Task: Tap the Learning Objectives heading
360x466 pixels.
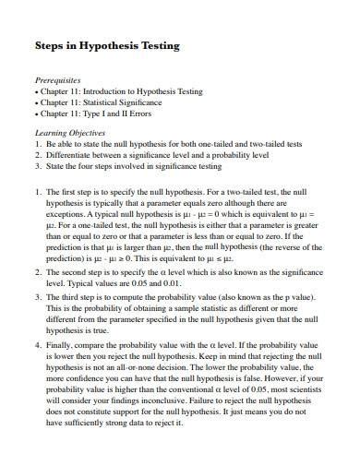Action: [x=68, y=133]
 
